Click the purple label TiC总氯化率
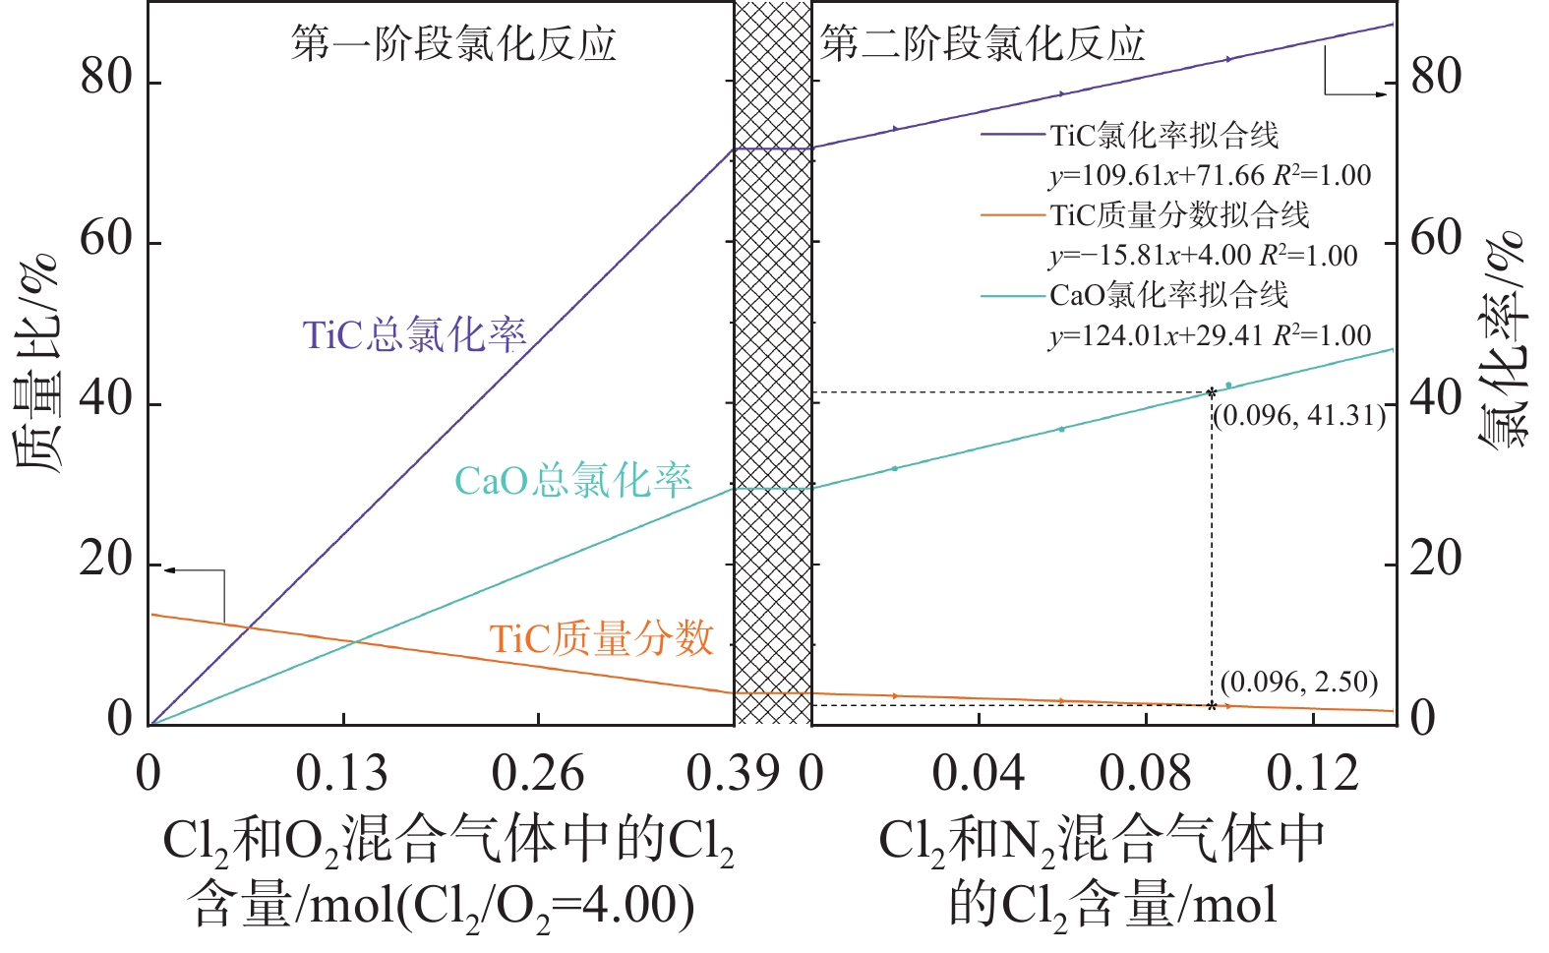click(x=414, y=335)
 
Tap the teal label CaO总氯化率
click(x=572, y=481)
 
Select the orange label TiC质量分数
click(x=601, y=639)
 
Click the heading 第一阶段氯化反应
click(x=453, y=44)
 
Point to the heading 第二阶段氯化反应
click(x=983, y=44)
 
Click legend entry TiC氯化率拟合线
click(x=1163, y=135)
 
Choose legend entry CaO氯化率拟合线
click(x=1168, y=294)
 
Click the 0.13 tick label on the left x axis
click(x=342, y=774)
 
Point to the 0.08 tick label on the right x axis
click(x=1145, y=774)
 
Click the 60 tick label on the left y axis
click(x=106, y=239)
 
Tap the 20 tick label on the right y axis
click(x=1436, y=561)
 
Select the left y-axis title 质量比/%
click(x=37, y=364)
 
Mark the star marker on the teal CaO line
click(x=1211, y=392)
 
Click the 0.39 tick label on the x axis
click(x=733, y=774)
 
